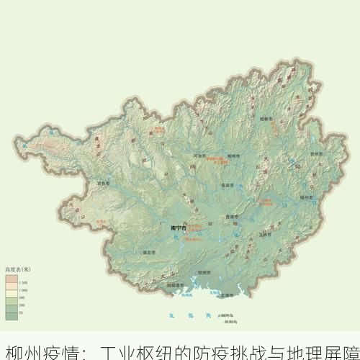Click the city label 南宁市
[178, 228]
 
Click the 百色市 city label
[103, 184]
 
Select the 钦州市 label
[204, 272]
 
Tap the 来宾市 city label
[227, 185]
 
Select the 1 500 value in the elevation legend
[22, 282]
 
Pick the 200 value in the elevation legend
[22, 305]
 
